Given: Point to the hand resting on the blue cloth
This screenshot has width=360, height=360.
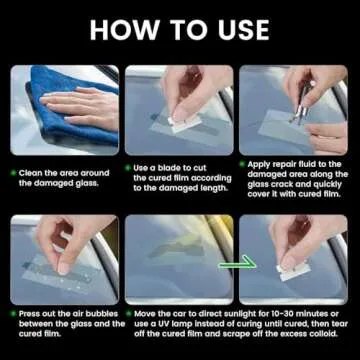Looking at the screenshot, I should point(80,107).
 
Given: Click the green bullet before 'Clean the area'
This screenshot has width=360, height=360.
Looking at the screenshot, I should point(13,172).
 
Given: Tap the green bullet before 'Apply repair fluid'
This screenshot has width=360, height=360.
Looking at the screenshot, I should point(242,162).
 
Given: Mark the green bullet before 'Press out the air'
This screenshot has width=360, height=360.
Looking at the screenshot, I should point(13,312).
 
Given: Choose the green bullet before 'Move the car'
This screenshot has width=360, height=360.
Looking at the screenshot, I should point(128,312).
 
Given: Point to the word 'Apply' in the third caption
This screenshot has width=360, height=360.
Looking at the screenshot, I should point(260,162).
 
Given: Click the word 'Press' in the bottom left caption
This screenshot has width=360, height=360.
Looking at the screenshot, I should point(31,312).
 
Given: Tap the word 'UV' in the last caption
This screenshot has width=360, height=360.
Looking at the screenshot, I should point(184,322).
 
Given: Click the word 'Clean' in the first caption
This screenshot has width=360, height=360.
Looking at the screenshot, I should point(31,172).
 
